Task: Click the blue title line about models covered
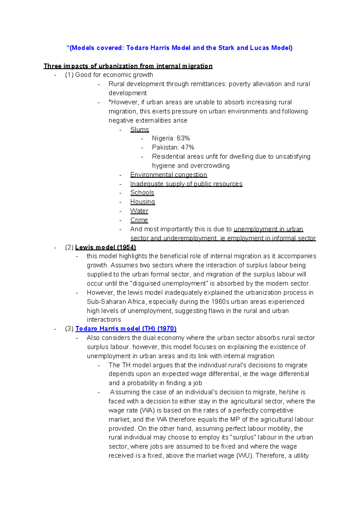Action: [x=179, y=48]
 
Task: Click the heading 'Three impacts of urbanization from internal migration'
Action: [x=128, y=66]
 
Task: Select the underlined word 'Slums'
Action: [x=139, y=130]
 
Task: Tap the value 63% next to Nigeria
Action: [x=183, y=138]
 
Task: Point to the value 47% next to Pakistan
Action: [x=187, y=147]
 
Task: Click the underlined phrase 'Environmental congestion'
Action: [x=169, y=175]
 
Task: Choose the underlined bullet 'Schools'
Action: [x=142, y=193]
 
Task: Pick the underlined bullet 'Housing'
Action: [x=142, y=202]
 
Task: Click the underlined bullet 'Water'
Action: [x=139, y=211]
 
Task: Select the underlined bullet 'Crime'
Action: [x=139, y=220]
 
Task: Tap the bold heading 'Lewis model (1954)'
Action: [x=106, y=247]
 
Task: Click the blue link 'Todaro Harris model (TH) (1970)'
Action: [x=126, y=328]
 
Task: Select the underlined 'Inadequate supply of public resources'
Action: [x=186, y=184]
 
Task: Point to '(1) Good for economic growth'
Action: [x=109, y=75]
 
